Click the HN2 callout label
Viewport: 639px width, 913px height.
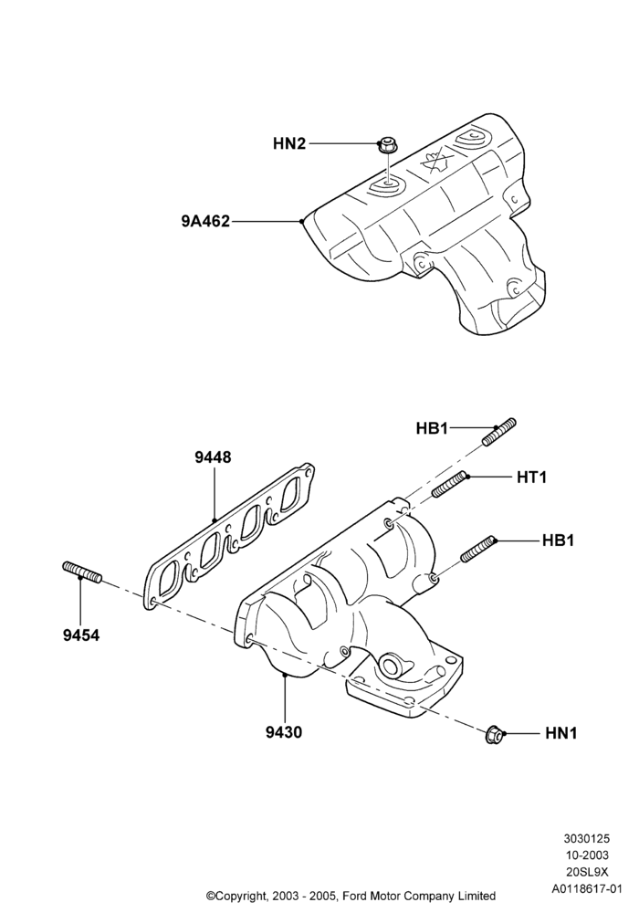pos(289,143)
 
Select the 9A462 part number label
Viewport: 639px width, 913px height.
pos(205,221)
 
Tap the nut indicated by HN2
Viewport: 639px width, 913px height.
pos(385,145)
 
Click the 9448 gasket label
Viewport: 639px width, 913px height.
pos(213,457)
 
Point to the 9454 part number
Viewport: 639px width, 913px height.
pos(81,635)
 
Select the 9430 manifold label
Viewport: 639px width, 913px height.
pos(284,732)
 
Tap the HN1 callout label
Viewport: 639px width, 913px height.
pos(561,733)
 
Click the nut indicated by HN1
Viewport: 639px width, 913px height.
pos(493,735)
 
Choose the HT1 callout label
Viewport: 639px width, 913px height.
pos(532,477)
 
